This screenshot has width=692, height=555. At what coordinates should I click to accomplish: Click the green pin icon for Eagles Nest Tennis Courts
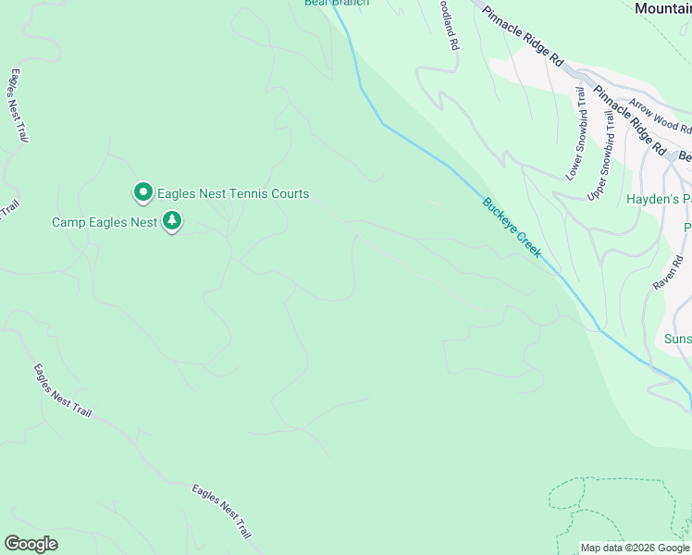[143, 192]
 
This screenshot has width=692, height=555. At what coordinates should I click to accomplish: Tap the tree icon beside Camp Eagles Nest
[172, 221]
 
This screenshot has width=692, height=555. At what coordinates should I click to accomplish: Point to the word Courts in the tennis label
[285, 194]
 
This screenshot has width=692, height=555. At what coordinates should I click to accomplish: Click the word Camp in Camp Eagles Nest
[68, 222]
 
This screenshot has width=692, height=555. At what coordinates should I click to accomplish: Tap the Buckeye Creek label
[511, 228]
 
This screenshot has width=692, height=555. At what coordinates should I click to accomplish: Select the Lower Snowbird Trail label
[575, 132]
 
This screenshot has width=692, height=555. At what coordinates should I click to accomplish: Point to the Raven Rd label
[667, 273]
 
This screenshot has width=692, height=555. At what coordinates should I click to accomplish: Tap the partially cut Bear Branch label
[337, 3]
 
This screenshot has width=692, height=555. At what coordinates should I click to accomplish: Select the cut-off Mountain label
[662, 7]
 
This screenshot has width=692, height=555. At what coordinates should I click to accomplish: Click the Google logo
[31, 544]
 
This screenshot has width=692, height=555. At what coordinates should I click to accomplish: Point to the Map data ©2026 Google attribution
[636, 548]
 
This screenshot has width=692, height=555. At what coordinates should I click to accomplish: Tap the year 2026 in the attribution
[642, 548]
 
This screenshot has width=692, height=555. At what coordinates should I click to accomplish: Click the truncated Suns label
[677, 339]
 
